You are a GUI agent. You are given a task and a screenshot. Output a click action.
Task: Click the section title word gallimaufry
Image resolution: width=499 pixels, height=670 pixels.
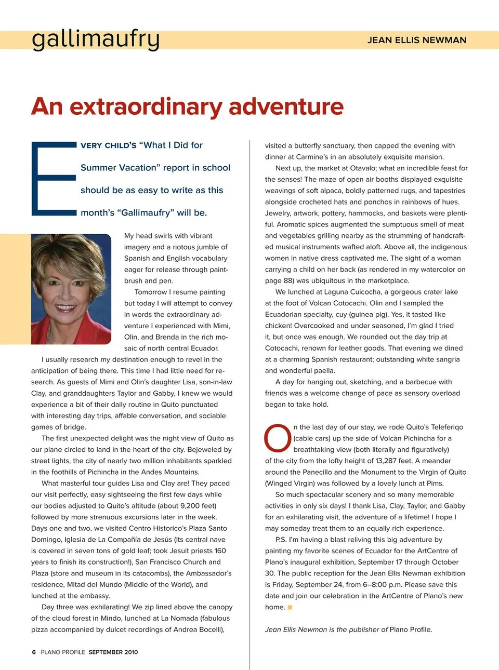tap(96, 39)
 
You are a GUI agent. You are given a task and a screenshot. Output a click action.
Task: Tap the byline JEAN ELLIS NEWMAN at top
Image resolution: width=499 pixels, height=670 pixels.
tap(416, 40)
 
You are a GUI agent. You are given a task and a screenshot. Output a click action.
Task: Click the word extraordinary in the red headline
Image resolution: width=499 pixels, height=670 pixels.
tap(146, 106)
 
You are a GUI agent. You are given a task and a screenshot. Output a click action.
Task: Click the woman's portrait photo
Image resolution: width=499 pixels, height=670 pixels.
tap(71, 289)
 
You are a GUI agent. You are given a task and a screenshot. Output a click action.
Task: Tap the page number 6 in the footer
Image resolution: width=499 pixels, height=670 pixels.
tap(34, 652)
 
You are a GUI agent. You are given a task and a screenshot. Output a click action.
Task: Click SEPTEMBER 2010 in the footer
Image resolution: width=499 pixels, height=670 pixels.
tap(113, 652)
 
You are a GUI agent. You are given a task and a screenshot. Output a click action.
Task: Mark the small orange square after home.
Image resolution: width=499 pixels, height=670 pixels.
tap(290, 607)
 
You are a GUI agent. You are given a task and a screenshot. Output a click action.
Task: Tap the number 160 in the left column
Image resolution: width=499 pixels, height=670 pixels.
tap(220, 551)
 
